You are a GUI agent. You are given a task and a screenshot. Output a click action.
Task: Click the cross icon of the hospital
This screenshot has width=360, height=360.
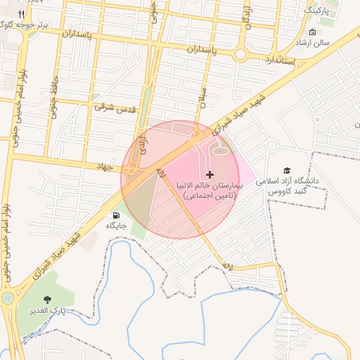coord(210,174)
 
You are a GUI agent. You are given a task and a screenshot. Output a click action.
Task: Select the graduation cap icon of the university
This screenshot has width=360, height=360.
coord(287,171)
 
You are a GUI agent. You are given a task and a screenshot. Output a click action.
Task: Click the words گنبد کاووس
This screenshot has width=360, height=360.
coord(288,192)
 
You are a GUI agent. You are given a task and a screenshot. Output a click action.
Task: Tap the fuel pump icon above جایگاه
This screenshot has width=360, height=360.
coord(116,215)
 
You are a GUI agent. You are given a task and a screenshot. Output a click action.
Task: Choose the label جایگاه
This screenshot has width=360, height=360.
coord(116,226)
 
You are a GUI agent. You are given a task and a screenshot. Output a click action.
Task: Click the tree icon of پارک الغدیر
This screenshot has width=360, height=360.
coord(48,300)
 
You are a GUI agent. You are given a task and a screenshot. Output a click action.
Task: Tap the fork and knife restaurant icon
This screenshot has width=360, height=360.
coord(22,14)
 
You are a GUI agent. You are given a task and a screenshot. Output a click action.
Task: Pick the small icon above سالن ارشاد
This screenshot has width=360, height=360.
coord(312,33)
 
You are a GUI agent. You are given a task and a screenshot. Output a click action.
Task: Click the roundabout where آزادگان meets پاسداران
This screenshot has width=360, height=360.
coord(240,53)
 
